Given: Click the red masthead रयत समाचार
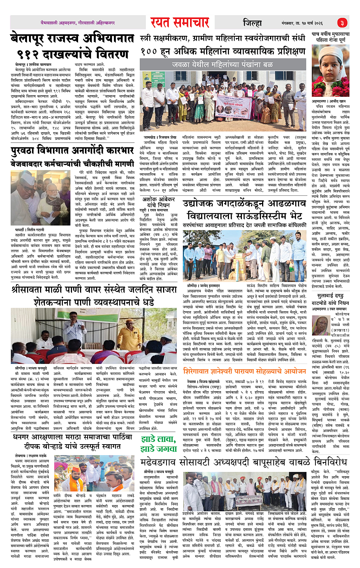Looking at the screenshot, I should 179,22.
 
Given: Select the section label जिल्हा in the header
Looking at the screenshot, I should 252,23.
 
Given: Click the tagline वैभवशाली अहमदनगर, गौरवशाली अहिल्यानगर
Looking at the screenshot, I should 78,23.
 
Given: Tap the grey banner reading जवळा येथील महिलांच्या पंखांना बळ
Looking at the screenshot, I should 222,65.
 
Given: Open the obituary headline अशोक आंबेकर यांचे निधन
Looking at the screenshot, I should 158,202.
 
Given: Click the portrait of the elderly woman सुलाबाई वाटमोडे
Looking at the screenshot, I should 320,325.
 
